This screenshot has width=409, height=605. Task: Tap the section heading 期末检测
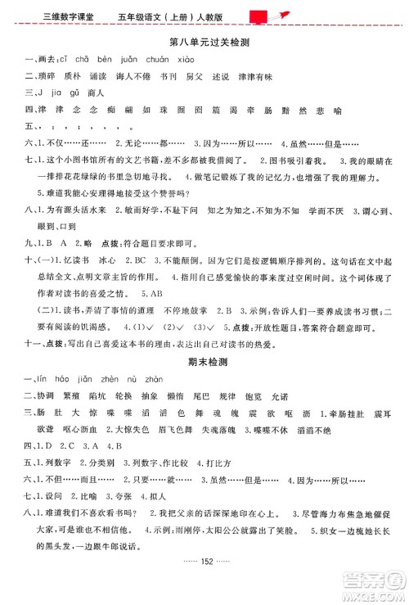(x=204, y=359)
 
